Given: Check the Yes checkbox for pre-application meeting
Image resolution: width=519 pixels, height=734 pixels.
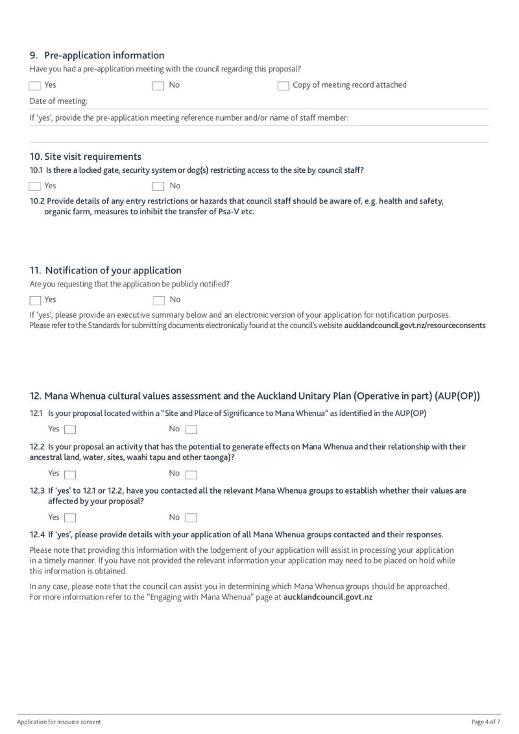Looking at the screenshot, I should (x=35, y=86).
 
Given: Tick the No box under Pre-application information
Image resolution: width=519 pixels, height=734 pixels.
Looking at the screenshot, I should (x=158, y=86).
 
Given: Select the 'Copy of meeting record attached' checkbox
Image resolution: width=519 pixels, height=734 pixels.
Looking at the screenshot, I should (x=283, y=86).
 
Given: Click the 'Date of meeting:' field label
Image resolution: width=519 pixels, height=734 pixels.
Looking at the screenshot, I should (x=58, y=101).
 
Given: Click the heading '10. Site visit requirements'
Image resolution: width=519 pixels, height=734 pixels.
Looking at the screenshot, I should (x=85, y=157).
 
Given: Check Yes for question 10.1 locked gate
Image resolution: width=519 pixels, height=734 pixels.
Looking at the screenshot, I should (x=35, y=186).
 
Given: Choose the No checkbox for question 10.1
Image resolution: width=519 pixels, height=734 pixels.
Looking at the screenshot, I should (x=158, y=186).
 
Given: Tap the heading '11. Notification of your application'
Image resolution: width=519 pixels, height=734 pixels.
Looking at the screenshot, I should (x=106, y=270).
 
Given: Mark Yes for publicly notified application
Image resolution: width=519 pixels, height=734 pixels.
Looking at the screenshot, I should (x=35, y=300).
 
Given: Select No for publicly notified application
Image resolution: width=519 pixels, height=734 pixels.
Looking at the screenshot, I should (x=158, y=300).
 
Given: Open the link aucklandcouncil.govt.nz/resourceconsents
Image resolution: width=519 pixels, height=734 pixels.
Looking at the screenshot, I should (x=415, y=325).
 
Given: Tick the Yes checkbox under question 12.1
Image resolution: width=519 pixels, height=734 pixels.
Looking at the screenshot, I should (x=70, y=429).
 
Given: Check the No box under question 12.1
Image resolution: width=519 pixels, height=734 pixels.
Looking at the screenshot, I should (x=191, y=429).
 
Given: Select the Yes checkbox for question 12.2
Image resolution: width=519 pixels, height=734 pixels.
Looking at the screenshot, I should (x=70, y=474).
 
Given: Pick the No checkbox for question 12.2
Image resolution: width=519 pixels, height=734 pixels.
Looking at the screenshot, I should (x=191, y=474).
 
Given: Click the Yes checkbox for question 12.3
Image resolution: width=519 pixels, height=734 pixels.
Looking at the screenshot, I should (x=70, y=518).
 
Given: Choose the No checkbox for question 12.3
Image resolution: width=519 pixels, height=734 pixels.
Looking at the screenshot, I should (x=191, y=518).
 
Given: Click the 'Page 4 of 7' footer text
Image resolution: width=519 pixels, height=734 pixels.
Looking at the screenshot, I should (x=485, y=722).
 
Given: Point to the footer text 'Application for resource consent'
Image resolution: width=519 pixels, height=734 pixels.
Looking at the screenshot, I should (x=59, y=722).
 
